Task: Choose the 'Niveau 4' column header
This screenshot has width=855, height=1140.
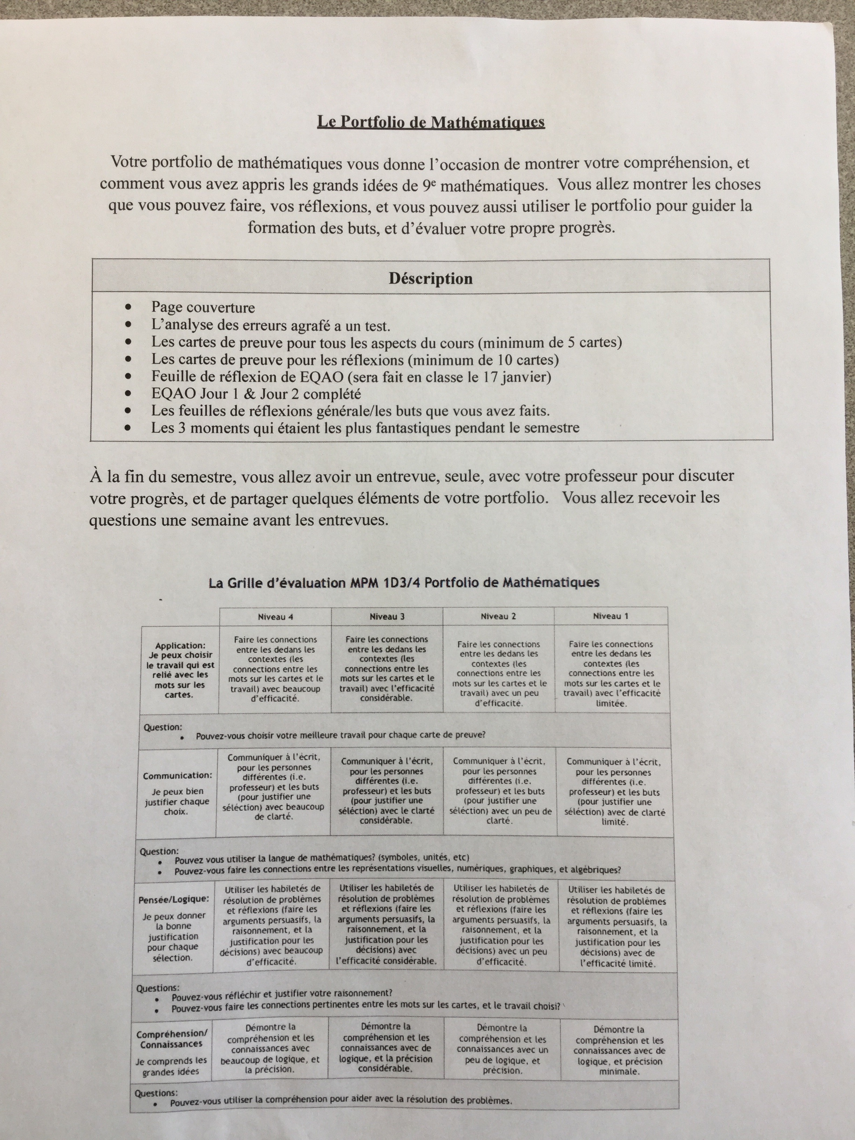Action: pos(275,616)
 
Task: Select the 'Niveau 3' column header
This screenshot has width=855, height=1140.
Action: pos(387,616)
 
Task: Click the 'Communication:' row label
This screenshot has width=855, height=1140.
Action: pos(177,776)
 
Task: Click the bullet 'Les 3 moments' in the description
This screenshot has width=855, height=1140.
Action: pos(365,428)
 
